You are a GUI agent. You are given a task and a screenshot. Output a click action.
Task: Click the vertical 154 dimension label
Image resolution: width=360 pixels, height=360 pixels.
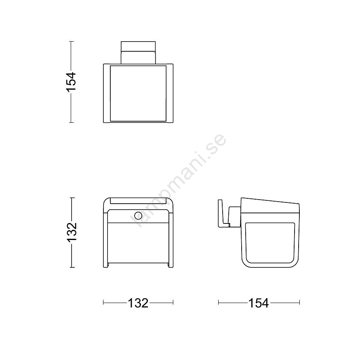(71, 82)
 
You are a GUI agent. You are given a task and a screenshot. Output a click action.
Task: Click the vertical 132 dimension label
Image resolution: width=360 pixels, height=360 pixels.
(72, 232)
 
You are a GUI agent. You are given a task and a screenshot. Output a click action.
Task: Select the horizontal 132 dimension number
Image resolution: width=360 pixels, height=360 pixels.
(138, 303)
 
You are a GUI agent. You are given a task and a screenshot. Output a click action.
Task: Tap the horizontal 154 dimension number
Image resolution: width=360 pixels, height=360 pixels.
(259, 303)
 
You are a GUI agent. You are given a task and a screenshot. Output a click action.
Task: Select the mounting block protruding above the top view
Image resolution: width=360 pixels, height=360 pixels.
(138, 53)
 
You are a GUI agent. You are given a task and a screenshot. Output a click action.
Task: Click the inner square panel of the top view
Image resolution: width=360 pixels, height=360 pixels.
(138, 93)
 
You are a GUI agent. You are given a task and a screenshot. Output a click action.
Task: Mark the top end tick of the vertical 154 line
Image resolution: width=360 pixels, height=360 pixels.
(72, 41)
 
